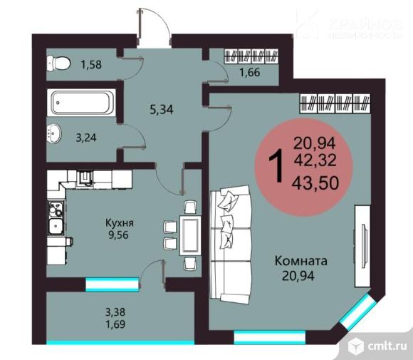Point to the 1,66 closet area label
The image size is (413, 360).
250,71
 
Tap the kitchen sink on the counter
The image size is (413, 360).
55,227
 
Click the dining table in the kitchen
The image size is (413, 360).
189,232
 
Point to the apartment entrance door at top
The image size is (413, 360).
155,26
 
